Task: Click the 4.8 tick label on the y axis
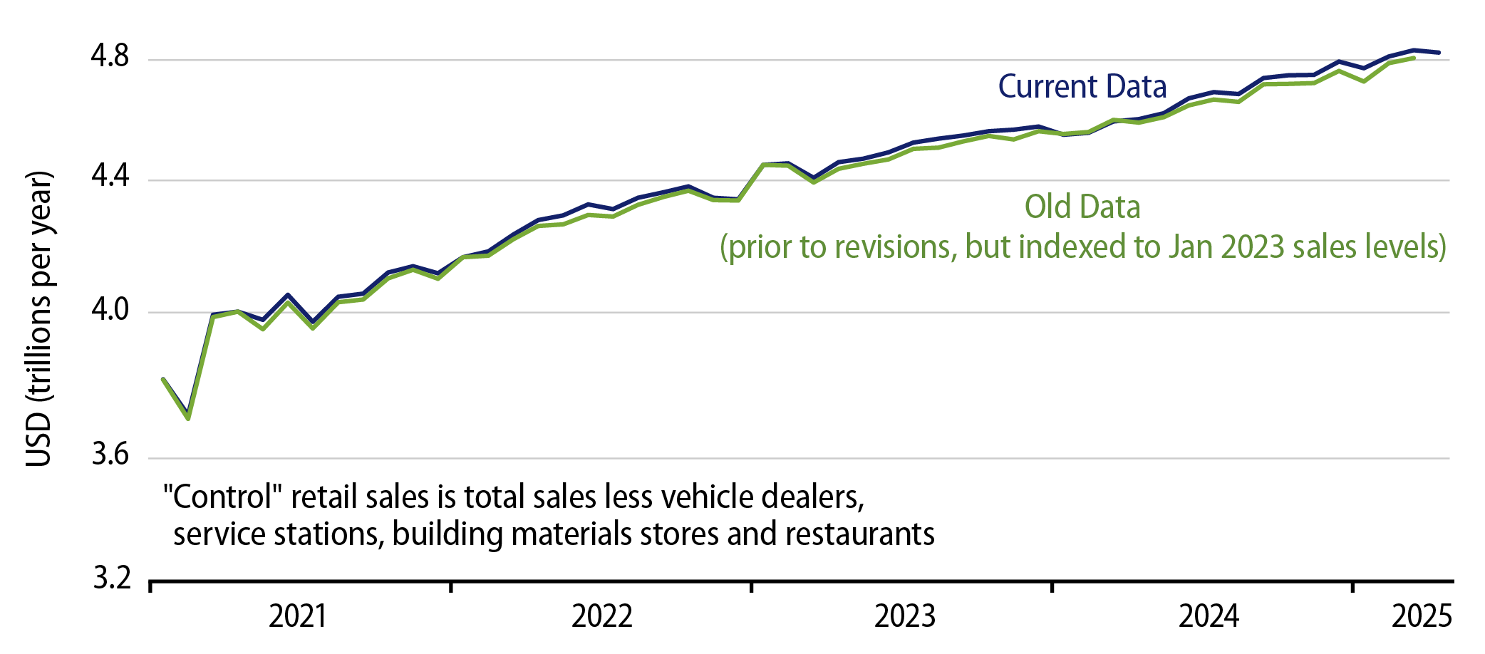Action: click(x=110, y=56)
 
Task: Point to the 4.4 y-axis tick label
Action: click(x=110, y=176)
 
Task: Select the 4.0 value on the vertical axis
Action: click(x=110, y=309)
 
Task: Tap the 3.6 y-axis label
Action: click(x=110, y=455)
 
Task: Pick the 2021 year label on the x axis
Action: click(x=297, y=616)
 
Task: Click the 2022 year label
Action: click(x=601, y=616)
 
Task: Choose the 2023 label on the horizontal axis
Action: click(x=904, y=616)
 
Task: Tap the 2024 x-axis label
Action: click(x=1209, y=616)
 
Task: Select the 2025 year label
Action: click(x=1421, y=616)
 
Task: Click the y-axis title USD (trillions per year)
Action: click(x=38, y=318)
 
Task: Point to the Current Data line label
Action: click(x=1082, y=87)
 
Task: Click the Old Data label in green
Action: click(x=1082, y=207)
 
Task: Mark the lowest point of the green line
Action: click(x=188, y=418)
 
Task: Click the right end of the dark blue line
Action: click(x=1439, y=53)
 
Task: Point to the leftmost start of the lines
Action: click(x=163, y=379)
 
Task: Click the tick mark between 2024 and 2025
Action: click(x=1352, y=586)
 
